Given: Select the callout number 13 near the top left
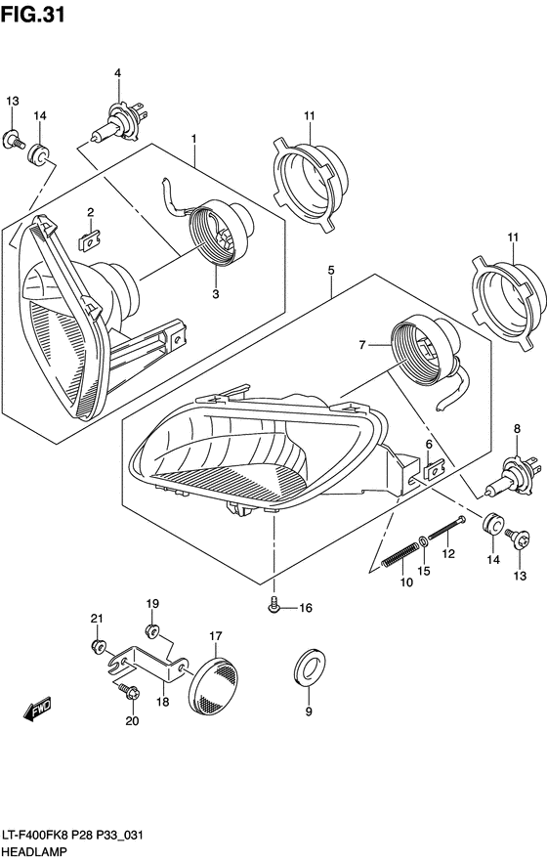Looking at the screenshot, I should (13, 103).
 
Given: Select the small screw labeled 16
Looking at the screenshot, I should (274, 608).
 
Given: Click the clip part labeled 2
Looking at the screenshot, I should (88, 235).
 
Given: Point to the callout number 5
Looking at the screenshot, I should (331, 269).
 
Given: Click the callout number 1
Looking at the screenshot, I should (194, 139).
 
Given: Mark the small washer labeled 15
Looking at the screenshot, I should (420, 540).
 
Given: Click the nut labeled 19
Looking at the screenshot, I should (152, 628).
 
